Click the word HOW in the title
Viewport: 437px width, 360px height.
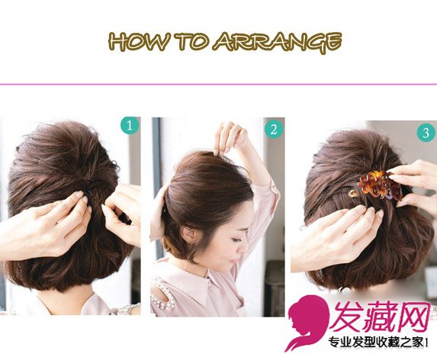tap(138, 41)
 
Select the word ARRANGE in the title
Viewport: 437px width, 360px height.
tap(277, 43)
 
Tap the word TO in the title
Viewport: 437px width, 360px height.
tap(190, 41)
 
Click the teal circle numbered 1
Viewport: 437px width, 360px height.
tap(130, 126)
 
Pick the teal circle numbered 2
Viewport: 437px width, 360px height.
tap(273, 130)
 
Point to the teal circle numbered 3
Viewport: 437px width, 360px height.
tap(426, 133)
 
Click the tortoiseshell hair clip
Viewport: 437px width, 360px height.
tap(379, 185)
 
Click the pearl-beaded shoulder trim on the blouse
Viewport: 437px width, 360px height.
tap(163, 295)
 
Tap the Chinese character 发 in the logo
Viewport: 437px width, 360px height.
tap(349, 317)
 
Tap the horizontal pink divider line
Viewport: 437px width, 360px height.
tap(218, 84)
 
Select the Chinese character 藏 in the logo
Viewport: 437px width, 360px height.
tap(381, 317)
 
